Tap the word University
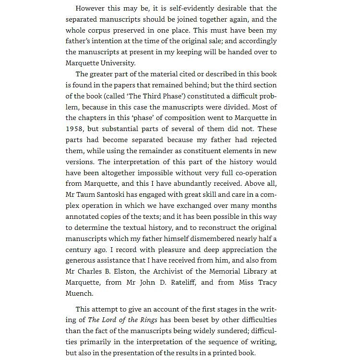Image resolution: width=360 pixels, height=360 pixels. click(118, 63)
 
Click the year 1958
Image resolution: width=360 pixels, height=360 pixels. click(75, 129)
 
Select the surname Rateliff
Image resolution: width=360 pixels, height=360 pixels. click(180, 283)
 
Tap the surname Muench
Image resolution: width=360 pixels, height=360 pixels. click(79, 293)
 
